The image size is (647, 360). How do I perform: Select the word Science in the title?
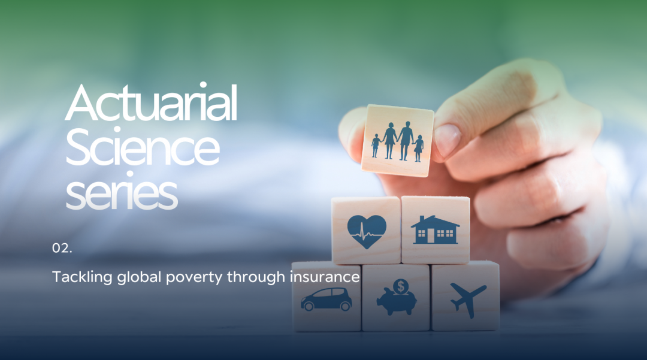(x=143, y=147)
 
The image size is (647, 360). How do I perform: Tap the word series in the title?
(x=122, y=192)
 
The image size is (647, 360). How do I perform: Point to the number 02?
(x=62, y=248)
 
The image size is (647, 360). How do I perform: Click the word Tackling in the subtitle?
(x=82, y=277)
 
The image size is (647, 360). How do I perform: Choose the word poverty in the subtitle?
(x=194, y=277)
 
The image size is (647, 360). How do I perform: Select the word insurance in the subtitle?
(x=325, y=276)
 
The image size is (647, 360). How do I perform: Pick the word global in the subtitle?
(x=139, y=277)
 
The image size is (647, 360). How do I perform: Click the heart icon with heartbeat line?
(x=367, y=231)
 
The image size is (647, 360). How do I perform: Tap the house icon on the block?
(x=435, y=229)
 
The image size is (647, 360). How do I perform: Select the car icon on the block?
(x=326, y=300)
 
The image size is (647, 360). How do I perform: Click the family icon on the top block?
(x=397, y=141)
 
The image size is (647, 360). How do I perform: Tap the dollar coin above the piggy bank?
(x=401, y=286)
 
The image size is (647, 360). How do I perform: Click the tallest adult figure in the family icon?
(x=405, y=140)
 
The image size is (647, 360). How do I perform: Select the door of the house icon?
(x=431, y=236)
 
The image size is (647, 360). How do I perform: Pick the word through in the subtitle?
(x=256, y=277)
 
